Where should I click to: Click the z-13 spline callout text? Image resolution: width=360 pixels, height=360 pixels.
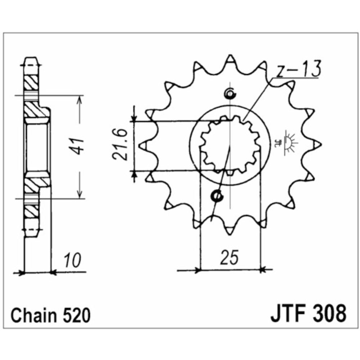point(298,71)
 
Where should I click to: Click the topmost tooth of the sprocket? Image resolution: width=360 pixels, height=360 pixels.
point(229,60)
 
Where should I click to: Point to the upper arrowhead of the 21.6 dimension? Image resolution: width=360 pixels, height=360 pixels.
point(134,118)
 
